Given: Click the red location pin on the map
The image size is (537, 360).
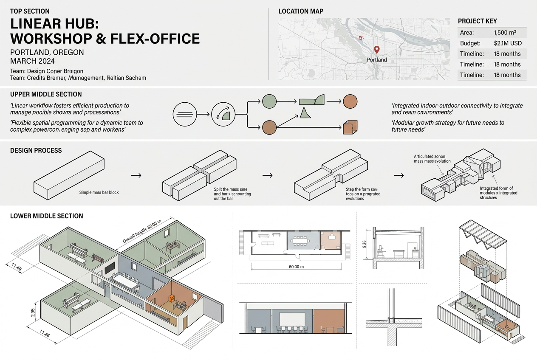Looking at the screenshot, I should [376, 50].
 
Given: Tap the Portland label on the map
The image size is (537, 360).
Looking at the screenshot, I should [376, 60].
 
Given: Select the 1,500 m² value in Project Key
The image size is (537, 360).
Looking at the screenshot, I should [505, 33].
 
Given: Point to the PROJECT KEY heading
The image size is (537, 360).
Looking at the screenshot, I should [477, 21].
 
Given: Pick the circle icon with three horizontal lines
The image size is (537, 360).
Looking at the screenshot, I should [184, 114].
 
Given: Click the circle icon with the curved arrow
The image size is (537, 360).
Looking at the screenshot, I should [223, 114].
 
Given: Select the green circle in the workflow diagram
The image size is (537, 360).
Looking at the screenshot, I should [269, 101].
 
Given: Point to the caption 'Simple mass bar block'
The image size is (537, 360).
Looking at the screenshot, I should [99, 192].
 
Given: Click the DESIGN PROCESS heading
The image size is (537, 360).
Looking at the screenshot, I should [36, 151].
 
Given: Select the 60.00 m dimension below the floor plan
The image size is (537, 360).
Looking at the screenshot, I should [297, 267].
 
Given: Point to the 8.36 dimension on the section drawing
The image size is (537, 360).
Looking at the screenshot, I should [364, 245].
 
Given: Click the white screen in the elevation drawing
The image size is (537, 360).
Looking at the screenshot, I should [292, 318].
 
